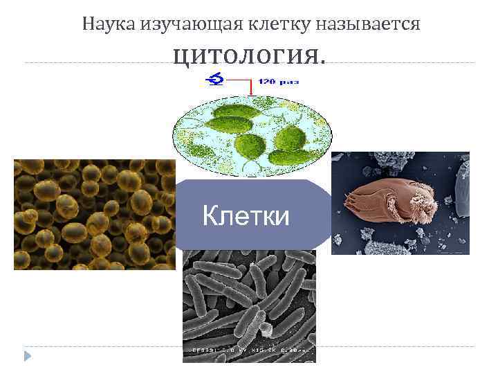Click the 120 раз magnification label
click(279, 82)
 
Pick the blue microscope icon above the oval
click(214, 81)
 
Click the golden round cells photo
click(95, 214)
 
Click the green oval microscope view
click(252, 132)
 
